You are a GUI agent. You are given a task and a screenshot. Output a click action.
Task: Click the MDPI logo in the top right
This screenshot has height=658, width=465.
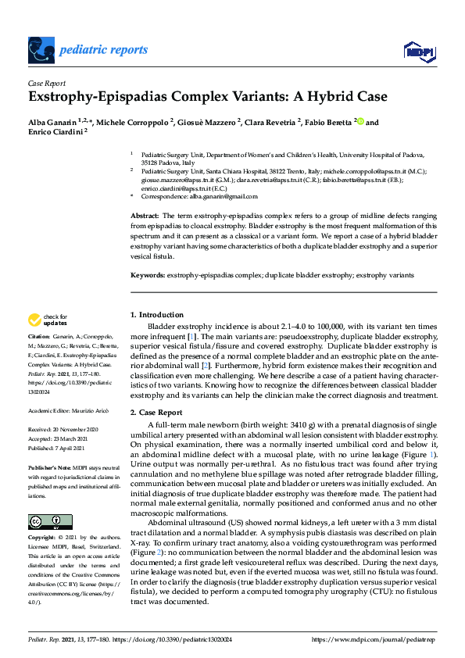pos(417,51)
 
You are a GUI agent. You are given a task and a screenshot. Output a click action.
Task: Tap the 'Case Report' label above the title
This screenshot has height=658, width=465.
pos(47,83)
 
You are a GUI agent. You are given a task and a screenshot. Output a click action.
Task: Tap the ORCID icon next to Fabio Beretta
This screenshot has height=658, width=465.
pos(360,122)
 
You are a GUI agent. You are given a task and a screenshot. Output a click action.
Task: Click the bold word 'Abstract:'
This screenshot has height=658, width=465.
pos(144,215)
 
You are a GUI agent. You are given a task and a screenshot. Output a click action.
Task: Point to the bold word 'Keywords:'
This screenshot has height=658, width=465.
pos(147,276)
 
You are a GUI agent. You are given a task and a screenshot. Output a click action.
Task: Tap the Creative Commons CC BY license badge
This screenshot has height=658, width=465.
pos(45,522)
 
